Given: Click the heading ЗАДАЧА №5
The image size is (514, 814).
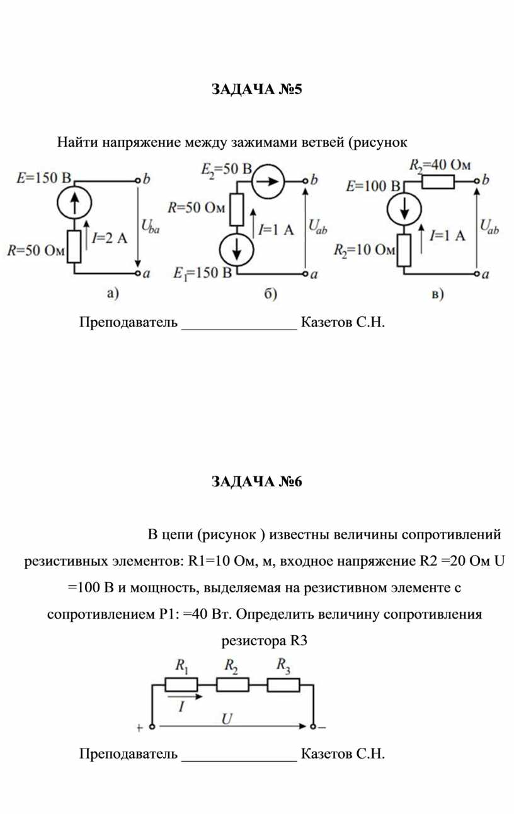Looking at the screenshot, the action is pyautogui.click(x=257, y=89).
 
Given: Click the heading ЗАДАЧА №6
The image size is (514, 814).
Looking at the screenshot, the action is pyautogui.click(x=257, y=481).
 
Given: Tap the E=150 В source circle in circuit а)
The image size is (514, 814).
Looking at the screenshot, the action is pyautogui.click(x=74, y=202).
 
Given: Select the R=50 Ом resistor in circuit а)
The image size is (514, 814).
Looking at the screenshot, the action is pyautogui.click(x=74, y=246).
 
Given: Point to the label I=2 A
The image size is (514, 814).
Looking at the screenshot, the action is pyautogui.click(x=110, y=238).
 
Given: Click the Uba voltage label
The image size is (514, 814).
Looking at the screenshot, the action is pyautogui.click(x=150, y=227).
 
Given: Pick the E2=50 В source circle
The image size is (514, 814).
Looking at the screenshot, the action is pyautogui.click(x=268, y=181).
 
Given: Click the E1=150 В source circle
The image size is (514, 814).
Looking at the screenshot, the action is pyautogui.click(x=236, y=249).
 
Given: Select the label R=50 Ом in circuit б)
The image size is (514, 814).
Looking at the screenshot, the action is pyautogui.click(x=196, y=207).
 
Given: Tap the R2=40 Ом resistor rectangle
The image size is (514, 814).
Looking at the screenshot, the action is pyautogui.click(x=438, y=181).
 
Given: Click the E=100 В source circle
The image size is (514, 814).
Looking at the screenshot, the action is pyautogui.click(x=404, y=209).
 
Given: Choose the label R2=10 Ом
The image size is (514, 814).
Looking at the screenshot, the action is pyautogui.click(x=364, y=250).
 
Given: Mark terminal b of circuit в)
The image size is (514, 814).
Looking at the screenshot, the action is pyautogui.click(x=477, y=181).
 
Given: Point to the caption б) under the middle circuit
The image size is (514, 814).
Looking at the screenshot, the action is pyautogui.click(x=271, y=294).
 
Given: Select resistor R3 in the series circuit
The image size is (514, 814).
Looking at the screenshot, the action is pyautogui.click(x=283, y=685).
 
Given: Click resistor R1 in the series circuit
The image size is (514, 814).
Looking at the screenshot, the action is pyautogui.click(x=181, y=685).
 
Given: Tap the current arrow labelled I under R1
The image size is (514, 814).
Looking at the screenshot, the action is pyautogui.click(x=185, y=697).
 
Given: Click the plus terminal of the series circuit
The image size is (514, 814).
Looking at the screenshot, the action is pyautogui.click(x=152, y=726).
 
